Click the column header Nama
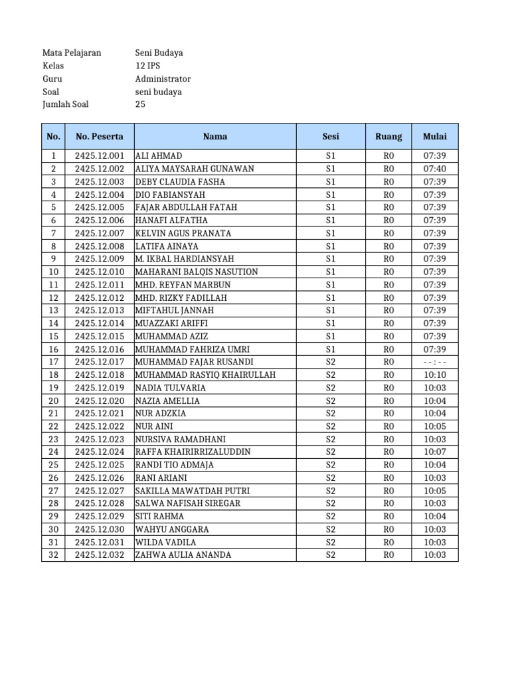click(215, 136)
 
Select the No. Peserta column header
click(100, 136)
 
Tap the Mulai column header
click(435, 136)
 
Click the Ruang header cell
click(388, 136)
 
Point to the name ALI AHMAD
click(159, 156)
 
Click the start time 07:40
click(435, 169)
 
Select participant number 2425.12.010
click(100, 272)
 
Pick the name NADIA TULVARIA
click(170, 388)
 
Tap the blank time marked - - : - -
click(435, 362)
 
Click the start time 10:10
click(435, 375)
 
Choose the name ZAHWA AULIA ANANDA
click(183, 555)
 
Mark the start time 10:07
click(435, 452)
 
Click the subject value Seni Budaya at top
click(159, 52)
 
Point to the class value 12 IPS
click(148, 66)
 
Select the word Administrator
click(163, 78)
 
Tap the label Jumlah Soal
click(65, 104)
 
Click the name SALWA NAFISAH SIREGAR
click(188, 503)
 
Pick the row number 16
click(54, 349)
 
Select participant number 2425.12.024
click(100, 452)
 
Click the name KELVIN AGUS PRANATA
click(183, 233)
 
